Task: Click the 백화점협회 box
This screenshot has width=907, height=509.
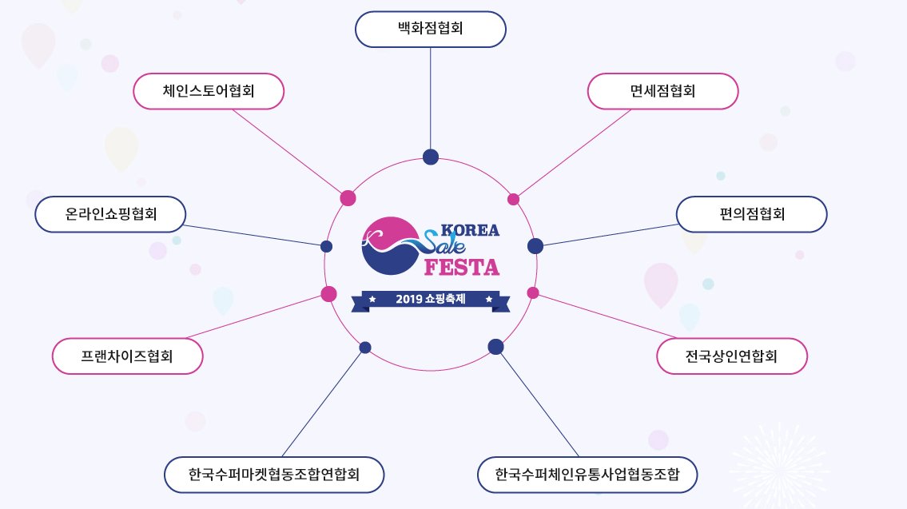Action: [x=431, y=29]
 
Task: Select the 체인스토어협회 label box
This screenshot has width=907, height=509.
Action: [x=209, y=91]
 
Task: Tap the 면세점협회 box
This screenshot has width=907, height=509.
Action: [x=662, y=91]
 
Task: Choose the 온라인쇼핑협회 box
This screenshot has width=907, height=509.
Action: [x=111, y=214]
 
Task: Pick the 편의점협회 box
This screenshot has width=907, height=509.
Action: [x=751, y=214]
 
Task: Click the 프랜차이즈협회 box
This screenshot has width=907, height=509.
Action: [x=127, y=356]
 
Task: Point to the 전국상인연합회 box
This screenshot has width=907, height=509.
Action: [x=732, y=356]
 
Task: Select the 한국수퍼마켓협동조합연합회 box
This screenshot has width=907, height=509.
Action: [x=274, y=475]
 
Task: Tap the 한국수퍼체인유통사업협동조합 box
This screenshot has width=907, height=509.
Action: [x=587, y=475]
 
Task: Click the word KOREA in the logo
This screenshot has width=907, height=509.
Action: [x=470, y=230]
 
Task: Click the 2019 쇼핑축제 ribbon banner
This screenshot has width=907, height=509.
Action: [x=431, y=300]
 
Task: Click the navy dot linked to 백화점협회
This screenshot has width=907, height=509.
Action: [x=431, y=157]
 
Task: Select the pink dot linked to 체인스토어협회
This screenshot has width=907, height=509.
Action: [x=348, y=197]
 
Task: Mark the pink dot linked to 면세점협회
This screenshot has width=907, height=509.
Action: [x=513, y=199]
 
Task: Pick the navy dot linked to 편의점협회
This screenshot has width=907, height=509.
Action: [x=535, y=245]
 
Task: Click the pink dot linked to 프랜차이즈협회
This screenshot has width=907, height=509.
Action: [x=328, y=293]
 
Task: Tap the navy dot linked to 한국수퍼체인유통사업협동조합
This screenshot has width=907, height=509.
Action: [x=495, y=346]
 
